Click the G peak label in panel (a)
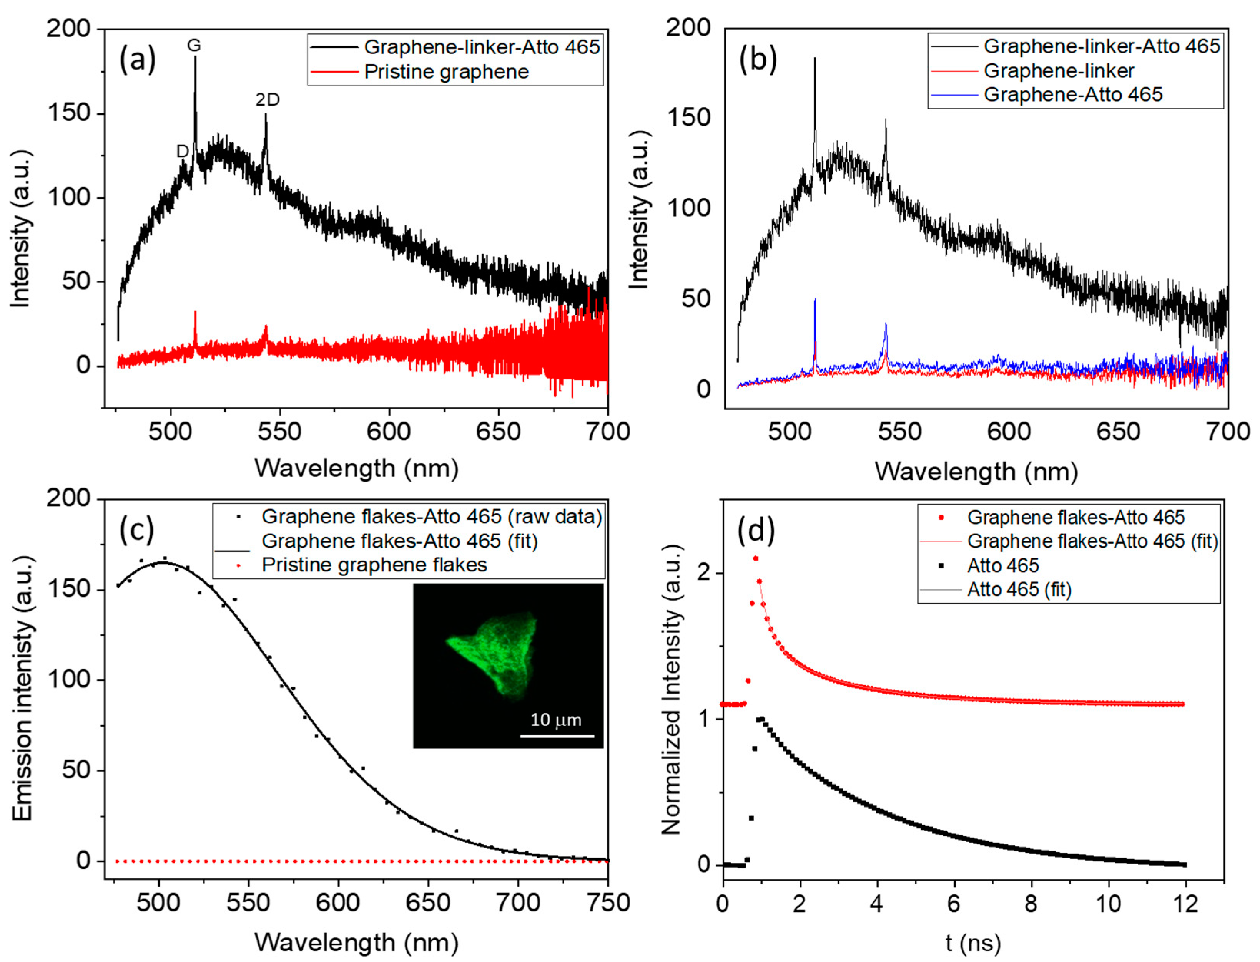(x=194, y=45)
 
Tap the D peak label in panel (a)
(x=182, y=151)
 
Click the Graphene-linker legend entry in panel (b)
(x=1058, y=71)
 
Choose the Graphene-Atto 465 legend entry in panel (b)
(x=1073, y=94)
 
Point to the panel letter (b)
(x=758, y=58)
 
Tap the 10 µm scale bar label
(x=556, y=720)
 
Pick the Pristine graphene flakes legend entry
(x=374, y=565)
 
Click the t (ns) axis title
(x=973, y=942)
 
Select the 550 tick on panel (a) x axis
(x=279, y=432)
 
